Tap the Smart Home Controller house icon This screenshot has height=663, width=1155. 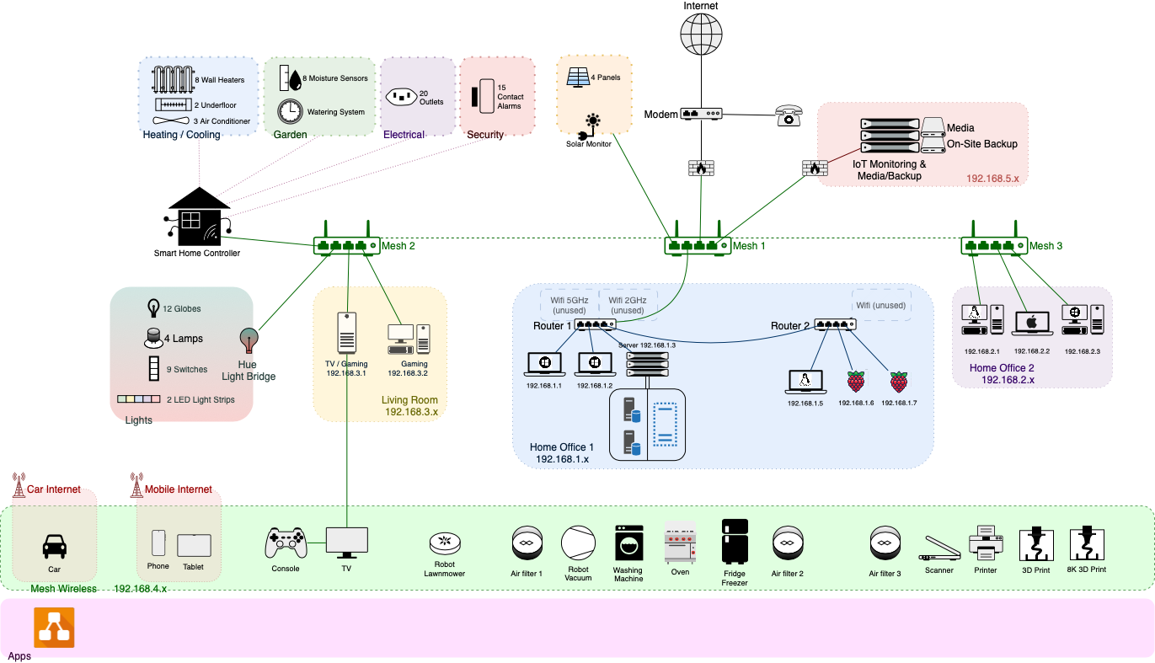point(199,217)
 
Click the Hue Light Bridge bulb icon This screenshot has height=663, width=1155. point(248,340)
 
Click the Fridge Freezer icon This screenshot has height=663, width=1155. point(735,541)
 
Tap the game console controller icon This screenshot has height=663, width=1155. point(286,543)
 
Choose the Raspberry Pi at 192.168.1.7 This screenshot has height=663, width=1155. point(899,382)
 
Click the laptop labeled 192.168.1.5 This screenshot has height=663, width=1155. point(805,382)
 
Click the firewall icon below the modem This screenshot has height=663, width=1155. point(701,168)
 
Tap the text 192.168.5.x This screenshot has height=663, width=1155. point(992,179)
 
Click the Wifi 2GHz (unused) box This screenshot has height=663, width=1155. point(627,305)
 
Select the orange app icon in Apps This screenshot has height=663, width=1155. point(54,628)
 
